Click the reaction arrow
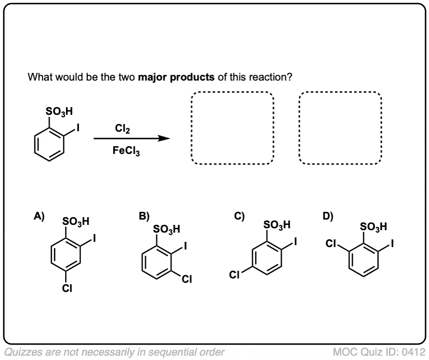(132, 138)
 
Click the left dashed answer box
(232, 128)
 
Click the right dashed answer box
(340, 128)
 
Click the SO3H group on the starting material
(60, 113)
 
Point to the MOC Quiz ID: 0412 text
(378, 350)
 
